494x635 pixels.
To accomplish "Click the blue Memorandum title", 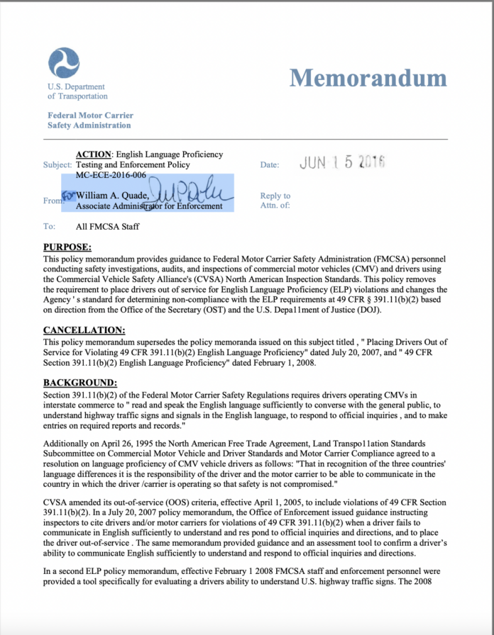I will click(x=368, y=78).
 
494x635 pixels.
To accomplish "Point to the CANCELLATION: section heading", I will click(x=84, y=330).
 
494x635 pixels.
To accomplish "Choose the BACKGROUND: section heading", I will click(x=80, y=383).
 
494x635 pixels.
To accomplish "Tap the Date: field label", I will click(x=270, y=164).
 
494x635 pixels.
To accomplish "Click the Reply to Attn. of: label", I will click(x=275, y=201).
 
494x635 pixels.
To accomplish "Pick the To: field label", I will click(x=49, y=227).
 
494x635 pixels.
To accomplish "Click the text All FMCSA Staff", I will click(x=108, y=227).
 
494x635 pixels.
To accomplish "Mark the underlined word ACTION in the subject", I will click(x=94, y=154).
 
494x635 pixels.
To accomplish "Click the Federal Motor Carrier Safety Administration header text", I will click(x=90, y=120).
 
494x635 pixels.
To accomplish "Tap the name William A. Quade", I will click(x=112, y=196).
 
